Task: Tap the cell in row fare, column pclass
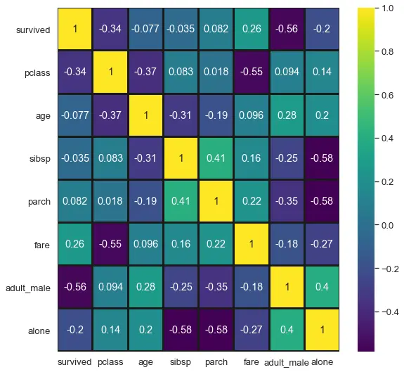[110, 243]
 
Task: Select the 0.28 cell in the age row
[287, 115]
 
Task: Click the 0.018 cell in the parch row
[110, 201]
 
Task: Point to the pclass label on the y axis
[37, 73]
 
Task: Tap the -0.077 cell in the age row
[74, 115]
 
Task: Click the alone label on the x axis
[322, 361]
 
